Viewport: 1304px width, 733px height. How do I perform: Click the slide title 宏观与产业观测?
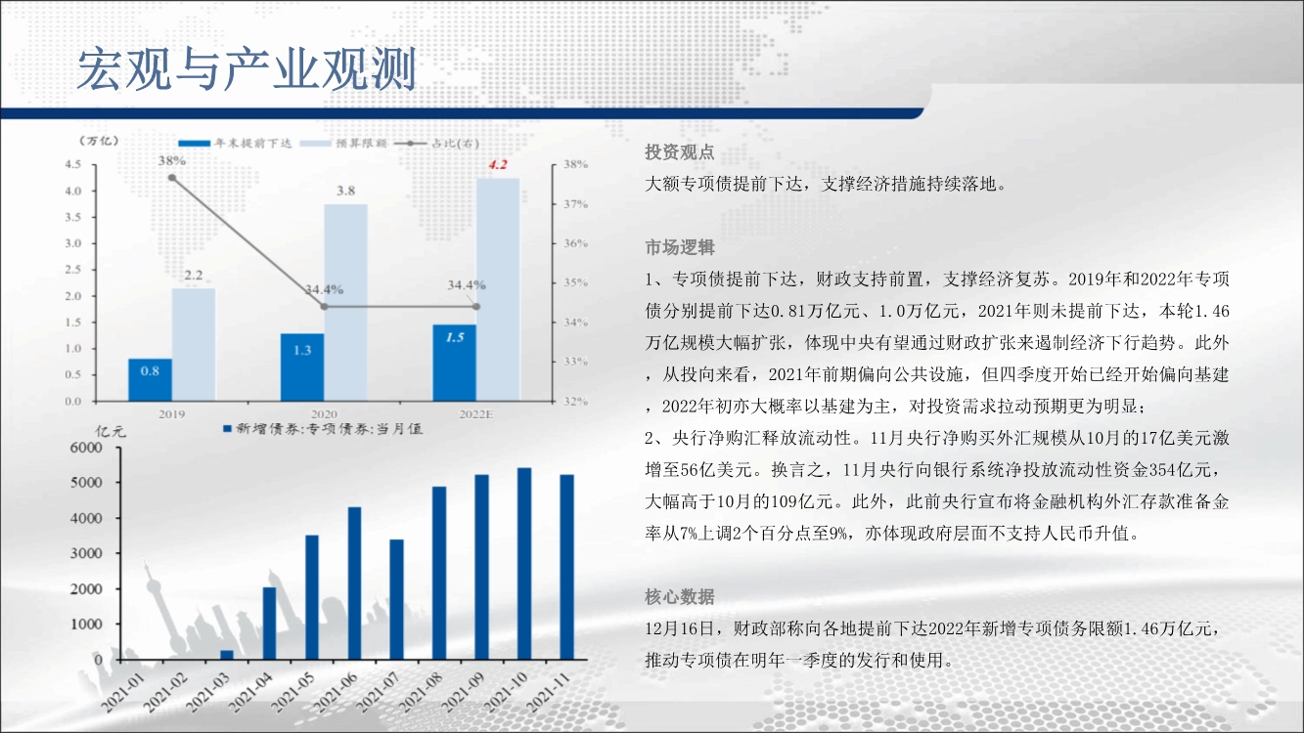click(247, 69)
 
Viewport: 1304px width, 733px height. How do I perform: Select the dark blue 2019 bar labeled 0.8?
click(151, 380)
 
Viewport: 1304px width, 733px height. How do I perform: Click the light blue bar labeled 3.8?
click(345, 303)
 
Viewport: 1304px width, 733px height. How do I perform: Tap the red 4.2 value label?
click(498, 164)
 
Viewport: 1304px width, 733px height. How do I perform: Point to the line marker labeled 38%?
click(172, 178)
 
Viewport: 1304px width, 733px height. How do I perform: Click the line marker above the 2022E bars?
click(476, 307)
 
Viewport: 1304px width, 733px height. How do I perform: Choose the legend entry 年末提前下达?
click(235, 143)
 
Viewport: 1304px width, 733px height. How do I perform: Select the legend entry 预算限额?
click(343, 143)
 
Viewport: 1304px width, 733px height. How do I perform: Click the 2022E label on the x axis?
click(476, 414)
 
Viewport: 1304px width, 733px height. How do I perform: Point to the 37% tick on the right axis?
click(576, 204)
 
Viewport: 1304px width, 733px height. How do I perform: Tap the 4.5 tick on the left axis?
click(73, 164)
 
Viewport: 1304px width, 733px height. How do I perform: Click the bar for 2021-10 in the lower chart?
click(524, 564)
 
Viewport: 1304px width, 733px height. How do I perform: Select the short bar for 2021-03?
click(227, 655)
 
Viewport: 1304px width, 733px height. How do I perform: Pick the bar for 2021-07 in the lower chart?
click(396, 600)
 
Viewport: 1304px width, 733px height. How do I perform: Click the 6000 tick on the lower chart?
click(86, 448)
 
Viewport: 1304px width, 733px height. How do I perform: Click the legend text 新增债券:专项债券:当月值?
click(323, 429)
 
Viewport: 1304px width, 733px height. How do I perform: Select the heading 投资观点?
click(679, 152)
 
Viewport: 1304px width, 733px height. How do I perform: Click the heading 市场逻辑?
click(679, 248)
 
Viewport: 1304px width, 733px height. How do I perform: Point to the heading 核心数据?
click(679, 597)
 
